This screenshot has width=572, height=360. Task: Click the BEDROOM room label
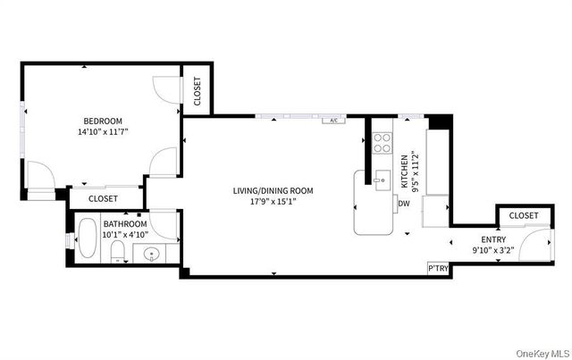click(x=103, y=121)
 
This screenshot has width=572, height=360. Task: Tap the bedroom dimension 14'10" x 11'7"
click(x=104, y=131)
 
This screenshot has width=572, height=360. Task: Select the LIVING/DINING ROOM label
click(x=273, y=191)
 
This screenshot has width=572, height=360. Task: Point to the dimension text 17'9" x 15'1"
click(x=273, y=201)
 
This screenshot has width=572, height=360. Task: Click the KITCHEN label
click(x=405, y=172)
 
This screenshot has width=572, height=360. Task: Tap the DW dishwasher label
click(x=404, y=204)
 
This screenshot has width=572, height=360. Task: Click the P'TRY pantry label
click(x=438, y=269)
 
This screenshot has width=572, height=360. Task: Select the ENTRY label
click(x=493, y=239)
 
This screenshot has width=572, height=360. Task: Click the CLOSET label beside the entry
click(x=524, y=215)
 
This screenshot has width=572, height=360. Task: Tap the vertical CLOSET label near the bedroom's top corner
click(x=198, y=91)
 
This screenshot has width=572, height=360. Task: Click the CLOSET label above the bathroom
click(x=103, y=199)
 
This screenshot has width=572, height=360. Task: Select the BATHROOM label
click(x=125, y=224)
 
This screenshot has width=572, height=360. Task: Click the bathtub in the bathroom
click(x=88, y=239)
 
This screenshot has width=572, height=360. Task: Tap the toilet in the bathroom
click(x=117, y=251)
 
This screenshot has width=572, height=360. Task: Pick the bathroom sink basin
click(x=151, y=254)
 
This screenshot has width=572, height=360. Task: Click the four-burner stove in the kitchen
click(x=383, y=143)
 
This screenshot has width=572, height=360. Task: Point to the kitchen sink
click(x=383, y=180)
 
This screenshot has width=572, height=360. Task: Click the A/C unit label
click(x=333, y=120)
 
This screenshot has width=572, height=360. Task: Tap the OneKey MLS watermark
click(x=543, y=354)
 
